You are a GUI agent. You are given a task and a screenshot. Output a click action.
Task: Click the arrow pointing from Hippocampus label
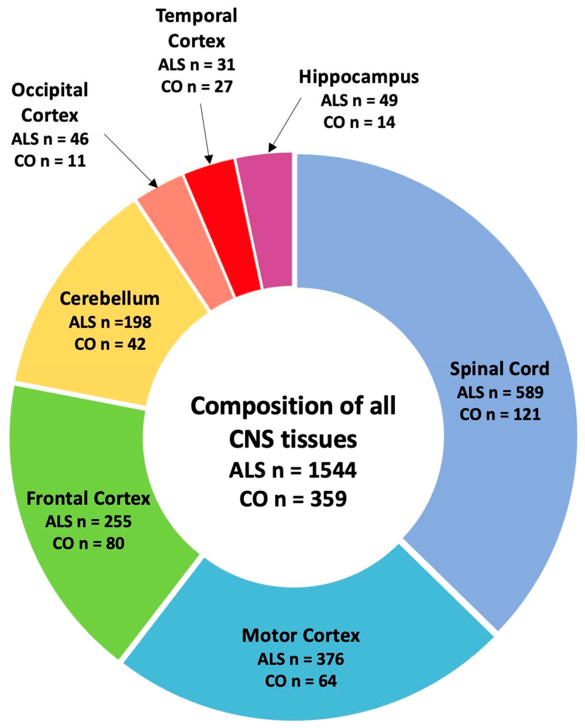[x=285, y=125]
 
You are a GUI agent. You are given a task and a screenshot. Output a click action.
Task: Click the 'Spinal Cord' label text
[x=500, y=369]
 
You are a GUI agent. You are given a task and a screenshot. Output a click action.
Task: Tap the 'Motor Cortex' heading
[x=301, y=635]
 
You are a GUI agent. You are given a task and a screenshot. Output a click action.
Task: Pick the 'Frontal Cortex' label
[x=88, y=498]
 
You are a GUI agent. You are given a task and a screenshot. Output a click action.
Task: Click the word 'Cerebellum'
[x=109, y=299]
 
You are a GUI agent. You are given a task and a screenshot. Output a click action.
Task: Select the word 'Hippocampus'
[x=359, y=77]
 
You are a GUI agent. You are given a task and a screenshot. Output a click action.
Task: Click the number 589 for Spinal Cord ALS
[x=529, y=392]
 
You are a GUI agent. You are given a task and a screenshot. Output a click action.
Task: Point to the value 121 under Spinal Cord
[x=526, y=414]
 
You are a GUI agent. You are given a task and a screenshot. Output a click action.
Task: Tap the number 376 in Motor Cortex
[x=330, y=659]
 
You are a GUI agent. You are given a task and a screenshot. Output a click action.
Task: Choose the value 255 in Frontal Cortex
[x=117, y=522]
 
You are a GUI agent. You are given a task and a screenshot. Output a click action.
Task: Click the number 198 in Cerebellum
[x=138, y=322]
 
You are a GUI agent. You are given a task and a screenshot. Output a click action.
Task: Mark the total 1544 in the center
[x=332, y=470]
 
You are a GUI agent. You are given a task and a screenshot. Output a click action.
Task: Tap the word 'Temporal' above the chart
[x=196, y=16]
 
